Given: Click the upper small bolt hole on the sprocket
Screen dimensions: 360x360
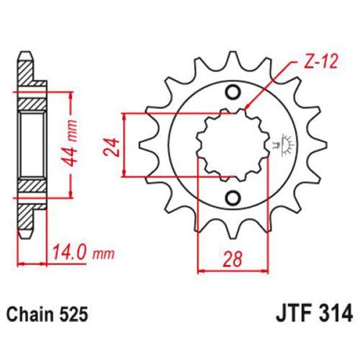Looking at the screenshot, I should pyautogui.click(x=232, y=92).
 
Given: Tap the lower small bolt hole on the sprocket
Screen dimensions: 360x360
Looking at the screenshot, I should pyautogui.click(x=232, y=200).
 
